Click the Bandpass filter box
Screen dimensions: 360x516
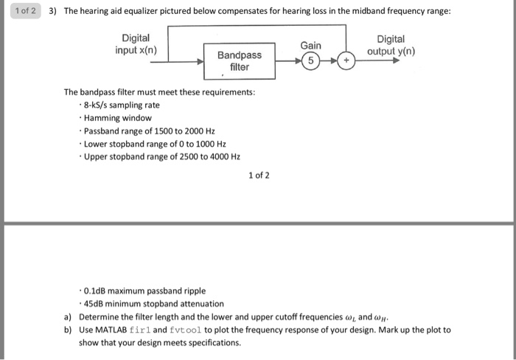coord(240,61)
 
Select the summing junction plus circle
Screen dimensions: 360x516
coord(346,61)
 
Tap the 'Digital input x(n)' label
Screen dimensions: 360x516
coord(136,44)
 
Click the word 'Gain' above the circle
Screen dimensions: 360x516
coord(310,46)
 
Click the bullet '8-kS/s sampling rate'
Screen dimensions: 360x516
coord(122,105)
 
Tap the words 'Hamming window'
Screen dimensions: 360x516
coord(118,118)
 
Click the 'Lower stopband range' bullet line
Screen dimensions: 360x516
coord(155,144)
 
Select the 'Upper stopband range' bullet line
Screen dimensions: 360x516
coord(162,156)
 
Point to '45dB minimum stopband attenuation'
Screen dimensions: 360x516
coord(154,303)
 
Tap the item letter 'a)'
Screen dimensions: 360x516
coord(67,316)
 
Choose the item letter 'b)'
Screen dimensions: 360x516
coord(67,330)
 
